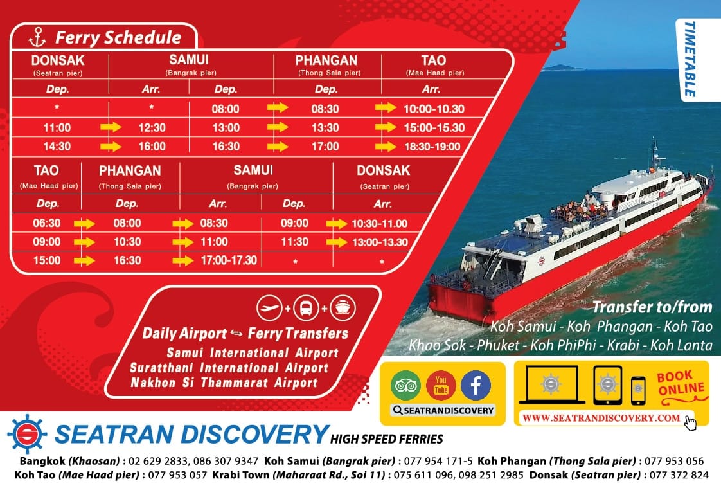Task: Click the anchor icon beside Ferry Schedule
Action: (37, 37)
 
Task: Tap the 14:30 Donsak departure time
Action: (57, 147)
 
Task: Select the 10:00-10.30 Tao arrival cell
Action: (434, 109)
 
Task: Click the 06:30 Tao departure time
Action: (47, 223)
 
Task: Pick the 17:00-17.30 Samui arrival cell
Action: (229, 260)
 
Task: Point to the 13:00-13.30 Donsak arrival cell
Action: (380, 242)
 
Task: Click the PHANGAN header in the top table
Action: (326, 60)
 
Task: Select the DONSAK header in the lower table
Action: (383, 170)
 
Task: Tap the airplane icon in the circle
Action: (269, 308)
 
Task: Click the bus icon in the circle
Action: (306, 308)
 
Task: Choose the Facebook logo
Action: (476, 385)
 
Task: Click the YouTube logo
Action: (441, 385)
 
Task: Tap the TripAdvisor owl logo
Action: (405, 385)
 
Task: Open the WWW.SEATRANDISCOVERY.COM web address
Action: (601, 418)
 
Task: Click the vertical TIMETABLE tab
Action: (690, 59)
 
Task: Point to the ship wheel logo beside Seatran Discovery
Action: (27, 434)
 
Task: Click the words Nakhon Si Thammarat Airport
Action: (224, 382)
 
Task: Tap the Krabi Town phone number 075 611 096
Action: (420, 474)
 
